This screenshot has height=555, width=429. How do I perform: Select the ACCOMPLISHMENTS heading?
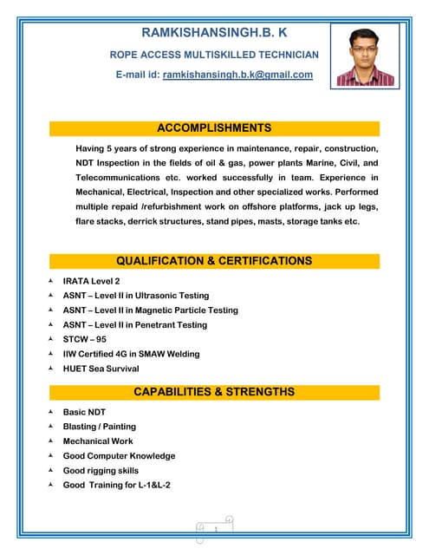point(214,128)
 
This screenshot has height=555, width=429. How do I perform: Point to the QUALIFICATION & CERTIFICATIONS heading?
point(214,260)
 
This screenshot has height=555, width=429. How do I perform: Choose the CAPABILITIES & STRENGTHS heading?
point(214,392)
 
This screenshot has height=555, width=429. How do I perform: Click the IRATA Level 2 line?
point(91,281)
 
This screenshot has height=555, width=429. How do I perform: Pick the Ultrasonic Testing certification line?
point(136,296)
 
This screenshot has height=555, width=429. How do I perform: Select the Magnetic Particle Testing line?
point(150,310)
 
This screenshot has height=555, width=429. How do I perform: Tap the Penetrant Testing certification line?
point(135,324)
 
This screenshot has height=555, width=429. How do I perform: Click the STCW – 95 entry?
point(84,339)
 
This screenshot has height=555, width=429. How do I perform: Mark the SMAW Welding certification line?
point(131,354)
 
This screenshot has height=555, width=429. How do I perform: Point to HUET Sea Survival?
point(101,369)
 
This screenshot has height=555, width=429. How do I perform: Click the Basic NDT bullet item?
point(84,412)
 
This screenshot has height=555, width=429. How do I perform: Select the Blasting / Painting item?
point(99,427)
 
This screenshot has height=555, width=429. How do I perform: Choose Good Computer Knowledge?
point(119,455)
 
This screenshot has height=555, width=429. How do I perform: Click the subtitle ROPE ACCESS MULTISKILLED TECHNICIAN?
point(213,55)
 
